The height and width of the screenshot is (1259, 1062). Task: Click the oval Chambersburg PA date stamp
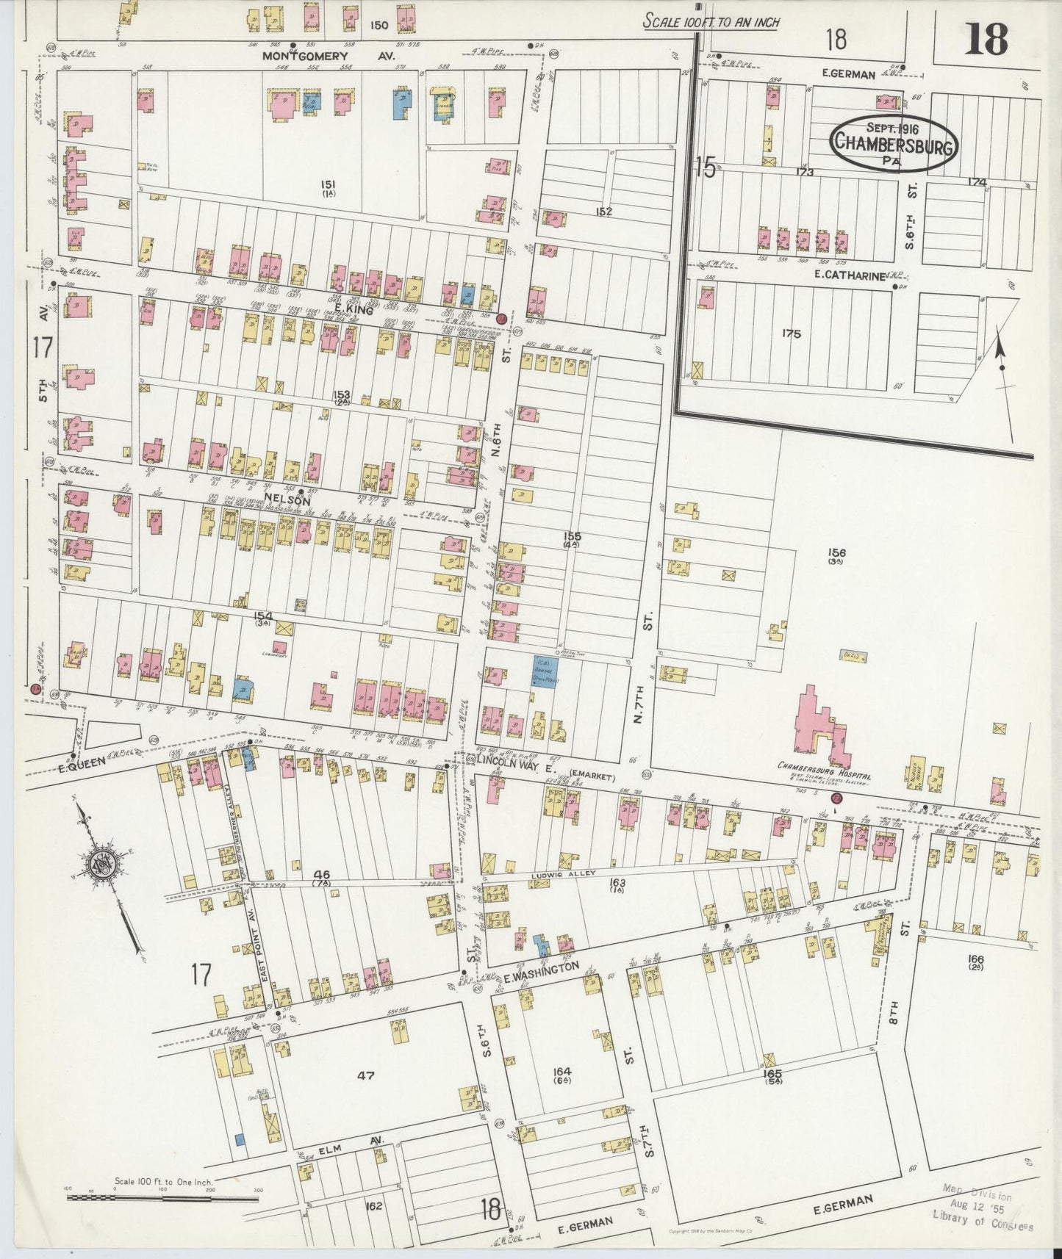point(893,143)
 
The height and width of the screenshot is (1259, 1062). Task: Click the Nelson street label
point(290,499)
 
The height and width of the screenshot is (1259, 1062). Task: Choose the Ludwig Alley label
point(562,876)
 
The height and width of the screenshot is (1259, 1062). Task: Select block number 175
point(791,333)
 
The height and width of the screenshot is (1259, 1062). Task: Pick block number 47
point(366,1075)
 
